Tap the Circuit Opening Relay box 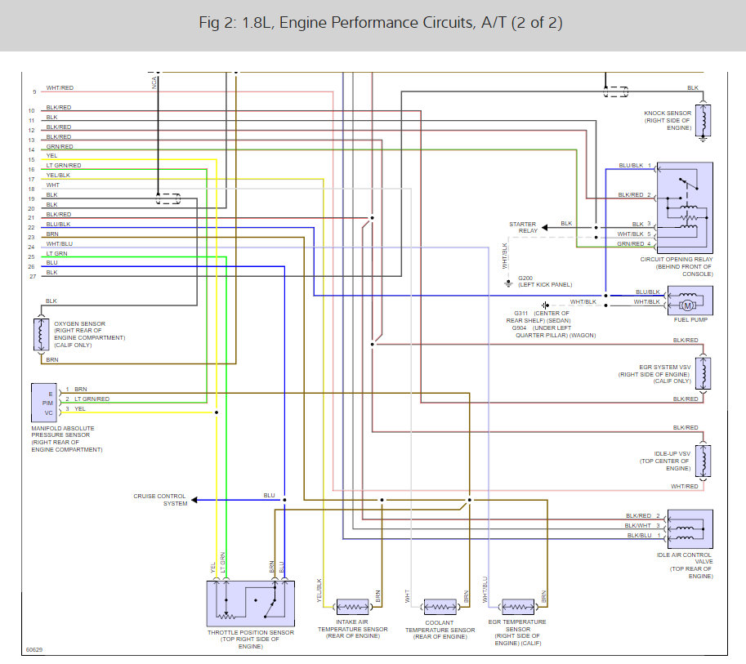685,207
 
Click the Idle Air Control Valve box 690,529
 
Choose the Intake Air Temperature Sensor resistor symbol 353,607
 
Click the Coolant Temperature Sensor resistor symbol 440,607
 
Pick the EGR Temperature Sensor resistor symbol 518,607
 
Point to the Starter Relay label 523,227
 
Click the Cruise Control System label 160,500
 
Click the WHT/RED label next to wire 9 60,88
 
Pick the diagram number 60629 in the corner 34,650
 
